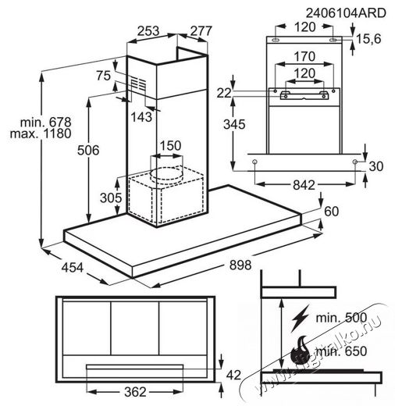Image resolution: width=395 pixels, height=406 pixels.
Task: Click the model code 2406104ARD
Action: [346, 13]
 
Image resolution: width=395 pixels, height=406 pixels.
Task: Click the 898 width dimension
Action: [240, 265]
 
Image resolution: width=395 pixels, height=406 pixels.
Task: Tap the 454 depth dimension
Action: [73, 267]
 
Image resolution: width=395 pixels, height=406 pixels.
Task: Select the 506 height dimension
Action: [88, 150]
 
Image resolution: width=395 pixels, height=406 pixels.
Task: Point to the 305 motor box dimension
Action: [111, 198]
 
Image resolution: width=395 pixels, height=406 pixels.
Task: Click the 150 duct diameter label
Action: [170, 145]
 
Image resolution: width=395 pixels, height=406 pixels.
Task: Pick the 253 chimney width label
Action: [148, 31]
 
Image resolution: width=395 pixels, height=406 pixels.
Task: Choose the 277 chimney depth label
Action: [201, 31]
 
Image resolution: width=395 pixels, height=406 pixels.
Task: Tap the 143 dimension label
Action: [141, 117]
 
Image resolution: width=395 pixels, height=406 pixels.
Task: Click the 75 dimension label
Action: [104, 76]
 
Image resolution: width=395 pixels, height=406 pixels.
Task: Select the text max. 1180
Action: [41, 134]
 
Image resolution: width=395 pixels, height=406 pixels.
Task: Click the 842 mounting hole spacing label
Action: [304, 185]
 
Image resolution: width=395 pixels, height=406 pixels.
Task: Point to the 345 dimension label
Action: [234, 124]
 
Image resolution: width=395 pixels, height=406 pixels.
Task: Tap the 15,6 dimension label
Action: [368, 39]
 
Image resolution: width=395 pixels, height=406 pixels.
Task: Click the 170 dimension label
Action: [304, 56]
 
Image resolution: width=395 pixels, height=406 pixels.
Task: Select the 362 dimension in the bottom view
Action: [135, 392]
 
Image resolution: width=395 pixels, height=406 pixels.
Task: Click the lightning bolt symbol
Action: [300, 319]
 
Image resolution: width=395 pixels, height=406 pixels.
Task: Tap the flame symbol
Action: [299, 351]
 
